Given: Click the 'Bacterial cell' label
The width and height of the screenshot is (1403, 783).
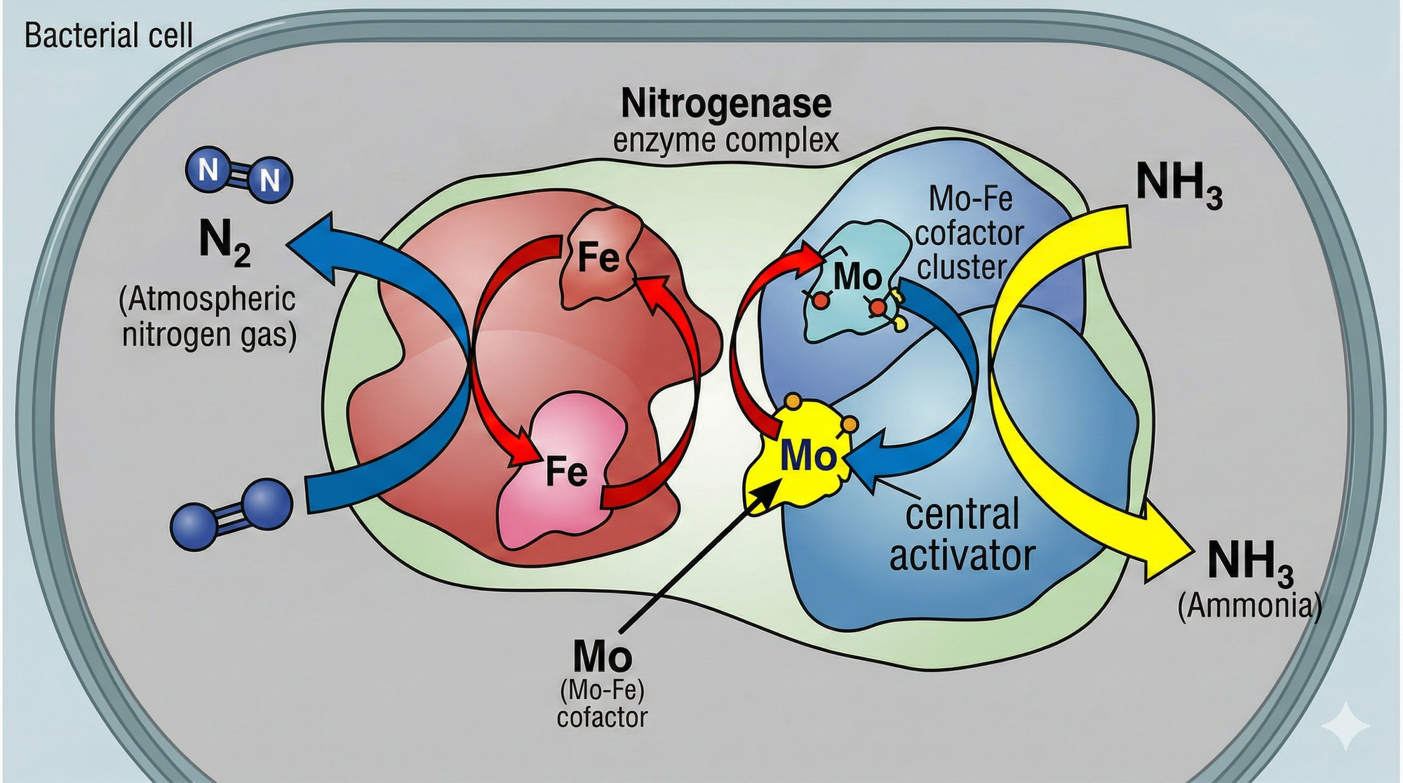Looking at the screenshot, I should [x=108, y=36].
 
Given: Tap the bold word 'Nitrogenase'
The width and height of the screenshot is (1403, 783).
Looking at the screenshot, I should [x=726, y=105].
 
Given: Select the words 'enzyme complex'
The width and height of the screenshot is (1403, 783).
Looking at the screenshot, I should [x=726, y=141].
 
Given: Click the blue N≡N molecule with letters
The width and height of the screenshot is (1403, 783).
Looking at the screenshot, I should [x=239, y=172].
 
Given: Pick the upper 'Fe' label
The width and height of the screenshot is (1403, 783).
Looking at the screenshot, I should [x=598, y=257].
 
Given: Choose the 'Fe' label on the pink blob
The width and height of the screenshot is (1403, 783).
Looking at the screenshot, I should [x=567, y=471].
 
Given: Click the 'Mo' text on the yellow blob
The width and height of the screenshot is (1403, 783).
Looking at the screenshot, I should [x=809, y=456].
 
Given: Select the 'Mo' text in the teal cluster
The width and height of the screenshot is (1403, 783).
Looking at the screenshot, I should [x=857, y=277].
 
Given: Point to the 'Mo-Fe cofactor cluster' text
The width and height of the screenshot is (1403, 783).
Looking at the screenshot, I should [x=968, y=234].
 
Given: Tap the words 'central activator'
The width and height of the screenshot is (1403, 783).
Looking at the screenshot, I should [x=962, y=535].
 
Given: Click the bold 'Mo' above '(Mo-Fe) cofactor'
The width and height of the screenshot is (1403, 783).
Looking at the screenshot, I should [x=602, y=657].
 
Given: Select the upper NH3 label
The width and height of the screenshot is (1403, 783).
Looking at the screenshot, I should [x=1179, y=184].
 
